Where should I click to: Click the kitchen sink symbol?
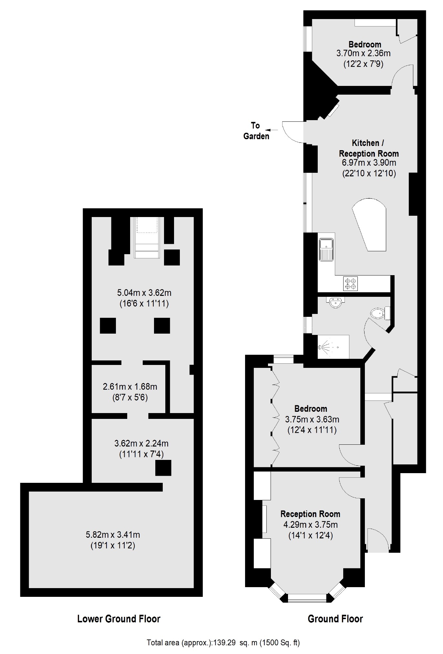click(x=326, y=249)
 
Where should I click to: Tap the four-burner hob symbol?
click(x=351, y=284)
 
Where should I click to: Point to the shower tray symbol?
click(x=333, y=347)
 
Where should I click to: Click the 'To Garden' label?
click(x=256, y=131)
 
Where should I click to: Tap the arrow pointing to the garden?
click(x=273, y=130)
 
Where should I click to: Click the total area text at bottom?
click(x=223, y=643)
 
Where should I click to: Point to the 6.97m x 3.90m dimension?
click(x=369, y=163)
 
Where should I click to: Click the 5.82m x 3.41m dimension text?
click(x=113, y=535)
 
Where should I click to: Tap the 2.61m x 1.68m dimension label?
click(x=130, y=386)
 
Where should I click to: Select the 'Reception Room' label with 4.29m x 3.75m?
click(x=310, y=514)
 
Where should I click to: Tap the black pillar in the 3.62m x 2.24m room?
click(x=163, y=468)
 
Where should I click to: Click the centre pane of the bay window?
click(x=307, y=598)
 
